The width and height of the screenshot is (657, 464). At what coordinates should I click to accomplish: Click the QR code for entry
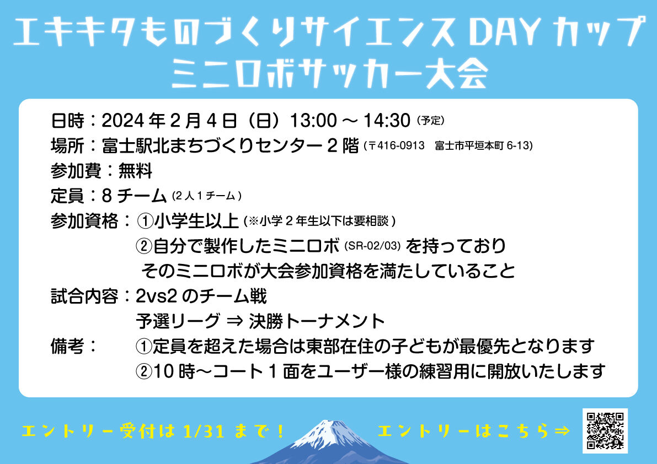pyautogui.click(x=605, y=430)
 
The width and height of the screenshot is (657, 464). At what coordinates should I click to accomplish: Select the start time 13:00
pyautogui.click(x=313, y=121)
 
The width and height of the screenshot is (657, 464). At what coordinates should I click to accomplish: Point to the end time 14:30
pyautogui.click(x=387, y=121)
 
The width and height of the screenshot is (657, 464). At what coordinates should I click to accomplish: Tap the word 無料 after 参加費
pyautogui.click(x=135, y=171)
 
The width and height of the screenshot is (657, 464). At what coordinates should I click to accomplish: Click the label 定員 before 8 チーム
pyautogui.click(x=67, y=196)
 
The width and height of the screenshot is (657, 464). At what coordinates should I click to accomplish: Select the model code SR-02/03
pyautogui.click(x=372, y=246)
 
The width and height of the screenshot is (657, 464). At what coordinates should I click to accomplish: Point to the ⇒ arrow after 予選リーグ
pyautogui.click(x=234, y=321)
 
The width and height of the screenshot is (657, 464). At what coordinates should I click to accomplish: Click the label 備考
pyautogui.click(x=67, y=347)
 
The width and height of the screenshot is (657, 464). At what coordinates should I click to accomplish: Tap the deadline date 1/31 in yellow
pyautogui.click(x=204, y=431)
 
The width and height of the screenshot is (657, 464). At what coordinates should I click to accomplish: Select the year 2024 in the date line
pyautogui.click(x=120, y=121)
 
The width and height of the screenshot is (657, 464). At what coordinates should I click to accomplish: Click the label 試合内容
pyautogui.click(x=84, y=296)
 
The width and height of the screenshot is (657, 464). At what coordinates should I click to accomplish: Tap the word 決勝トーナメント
pyautogui.click(x=317, y=321)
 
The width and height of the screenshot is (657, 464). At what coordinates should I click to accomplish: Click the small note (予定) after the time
pyautogui.click(x=430, y=121)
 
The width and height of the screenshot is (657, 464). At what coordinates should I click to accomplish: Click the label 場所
pyautogui.click(x=67, y=145)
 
